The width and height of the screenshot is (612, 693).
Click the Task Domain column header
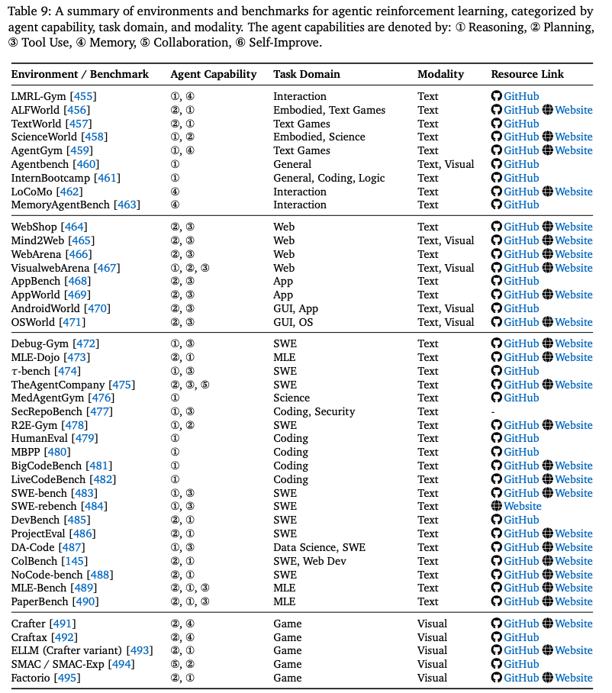click(x=307, y=74)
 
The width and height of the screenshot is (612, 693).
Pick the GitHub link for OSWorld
click(x=521, y=322)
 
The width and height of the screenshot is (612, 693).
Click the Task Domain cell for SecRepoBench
click(x=314, y=411)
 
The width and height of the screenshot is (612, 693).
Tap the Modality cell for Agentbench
click(x=446, y=164)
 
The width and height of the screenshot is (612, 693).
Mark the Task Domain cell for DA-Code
click(x=319, y=547)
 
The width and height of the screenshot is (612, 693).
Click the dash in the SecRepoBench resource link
click(x=493, y=412)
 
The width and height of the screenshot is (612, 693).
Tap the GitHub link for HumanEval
click(x=521, y=438)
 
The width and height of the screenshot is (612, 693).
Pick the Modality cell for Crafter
click(x=433, y=624)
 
